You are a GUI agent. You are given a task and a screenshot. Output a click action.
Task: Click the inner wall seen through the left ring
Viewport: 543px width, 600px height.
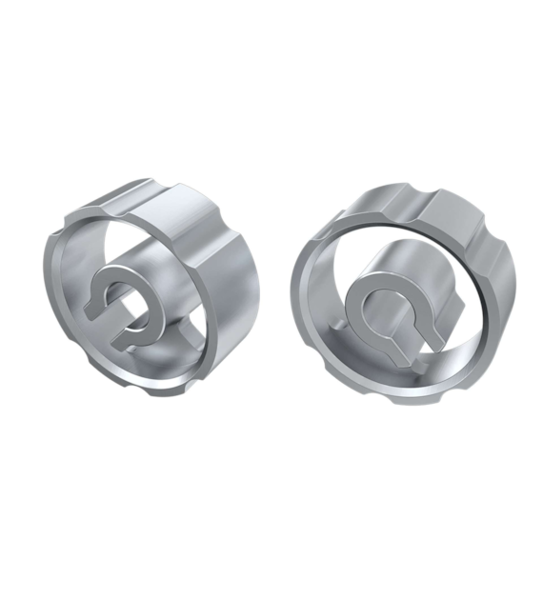(162, 248)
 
